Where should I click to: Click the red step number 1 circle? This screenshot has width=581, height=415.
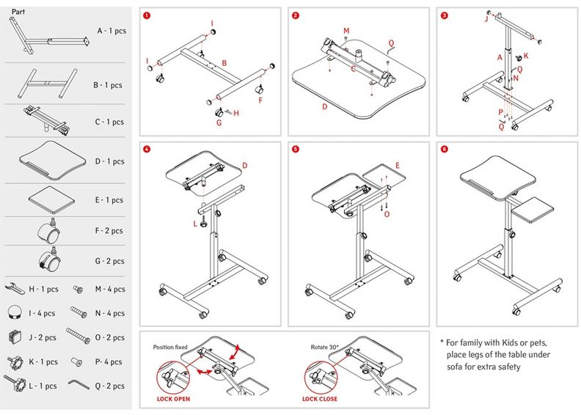pyautogui.click(x=147, y=15)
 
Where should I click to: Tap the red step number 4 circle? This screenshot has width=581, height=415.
pyautogui.click(x=147, y=149)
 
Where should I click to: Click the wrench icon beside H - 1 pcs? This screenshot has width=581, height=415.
pyautogui.click(x=15, y=290)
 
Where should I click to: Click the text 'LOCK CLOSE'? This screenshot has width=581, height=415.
pyautogui.click(x=321, y=399)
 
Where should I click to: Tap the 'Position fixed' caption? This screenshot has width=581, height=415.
pyautogui.click(x=171, y=347)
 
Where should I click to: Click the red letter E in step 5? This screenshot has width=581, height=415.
pyautogui.click(x=397, y=166)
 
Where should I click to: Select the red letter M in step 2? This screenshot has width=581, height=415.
pyautogui.click(x=346, y=30)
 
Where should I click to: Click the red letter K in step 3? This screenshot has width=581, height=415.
pyautogui.click(x=526, y=56)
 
